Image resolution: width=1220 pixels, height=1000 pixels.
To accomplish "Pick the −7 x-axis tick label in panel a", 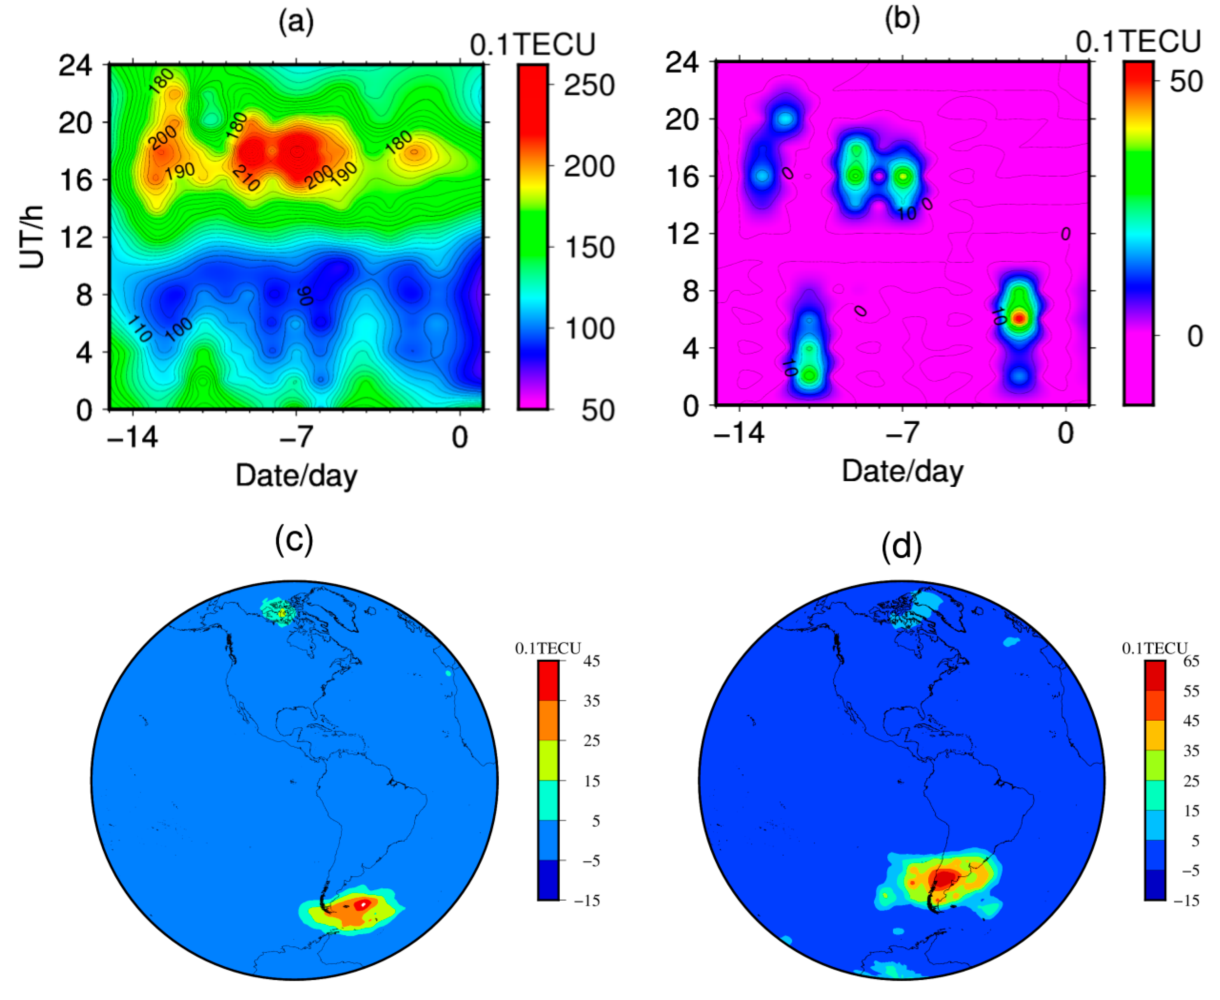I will pyautogui.click(x=296, y=438).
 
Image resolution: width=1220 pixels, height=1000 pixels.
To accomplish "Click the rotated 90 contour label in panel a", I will pyautogui.click(x=305, y=295).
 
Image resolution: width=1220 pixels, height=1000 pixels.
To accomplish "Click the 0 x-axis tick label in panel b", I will pyautogui.click(x=1066, y=433).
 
